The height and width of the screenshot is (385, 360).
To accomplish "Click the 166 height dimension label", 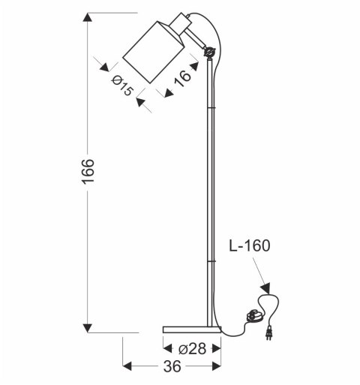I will (88, 173).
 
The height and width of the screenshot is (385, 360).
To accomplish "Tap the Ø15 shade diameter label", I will (123, 86).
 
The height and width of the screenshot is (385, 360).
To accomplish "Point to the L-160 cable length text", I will (250, 245).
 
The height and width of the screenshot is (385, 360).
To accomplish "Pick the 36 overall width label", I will (172, 367).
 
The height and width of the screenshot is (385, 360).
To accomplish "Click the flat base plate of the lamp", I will (191, 328).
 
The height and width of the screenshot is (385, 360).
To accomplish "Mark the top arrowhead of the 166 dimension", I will (88, 17).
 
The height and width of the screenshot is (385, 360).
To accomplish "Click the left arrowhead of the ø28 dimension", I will (166, 348).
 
